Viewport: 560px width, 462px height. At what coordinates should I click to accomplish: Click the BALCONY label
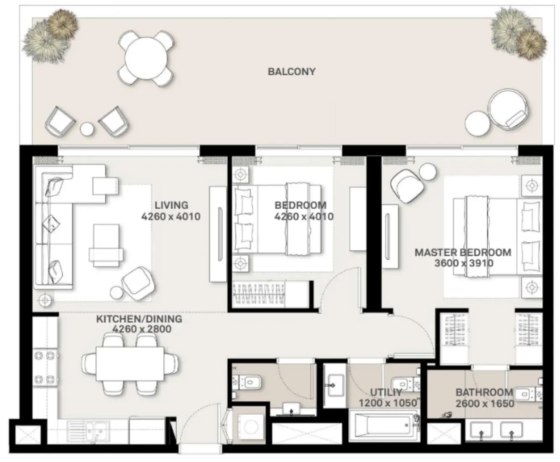pos(292,71)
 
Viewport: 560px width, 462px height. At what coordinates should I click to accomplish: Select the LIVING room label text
pos(171,205)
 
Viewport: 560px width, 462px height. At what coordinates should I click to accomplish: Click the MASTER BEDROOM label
pos(463,252)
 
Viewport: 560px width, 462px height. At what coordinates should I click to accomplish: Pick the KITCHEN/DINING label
pos(139,319)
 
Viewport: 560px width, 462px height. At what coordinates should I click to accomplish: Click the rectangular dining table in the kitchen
pos(130,363)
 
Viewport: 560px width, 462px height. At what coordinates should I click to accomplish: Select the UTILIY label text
pos(386,393)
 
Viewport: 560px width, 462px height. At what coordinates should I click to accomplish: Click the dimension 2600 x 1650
pos(485,404)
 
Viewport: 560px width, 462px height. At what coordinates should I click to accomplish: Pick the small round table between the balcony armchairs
pos(87,129)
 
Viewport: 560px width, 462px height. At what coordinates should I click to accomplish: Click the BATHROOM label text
pos(484,393)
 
